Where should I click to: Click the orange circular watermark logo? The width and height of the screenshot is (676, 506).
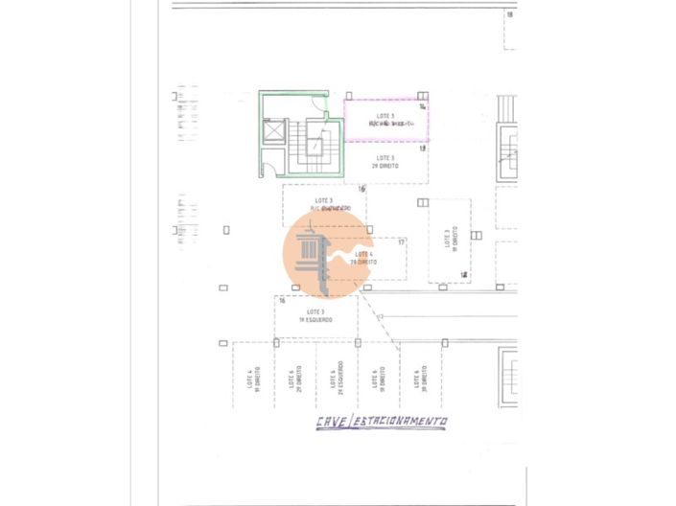327,254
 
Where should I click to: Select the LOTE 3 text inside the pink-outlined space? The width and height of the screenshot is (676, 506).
385,116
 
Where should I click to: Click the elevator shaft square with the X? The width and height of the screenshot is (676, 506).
275,130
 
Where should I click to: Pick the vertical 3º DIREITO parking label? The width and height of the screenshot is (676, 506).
417,379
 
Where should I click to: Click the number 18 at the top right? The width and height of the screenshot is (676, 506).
510,14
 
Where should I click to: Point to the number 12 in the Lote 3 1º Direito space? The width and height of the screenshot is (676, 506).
464,275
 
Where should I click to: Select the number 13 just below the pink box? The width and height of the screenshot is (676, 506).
422,149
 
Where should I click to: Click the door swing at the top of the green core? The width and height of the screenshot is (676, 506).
316,99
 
